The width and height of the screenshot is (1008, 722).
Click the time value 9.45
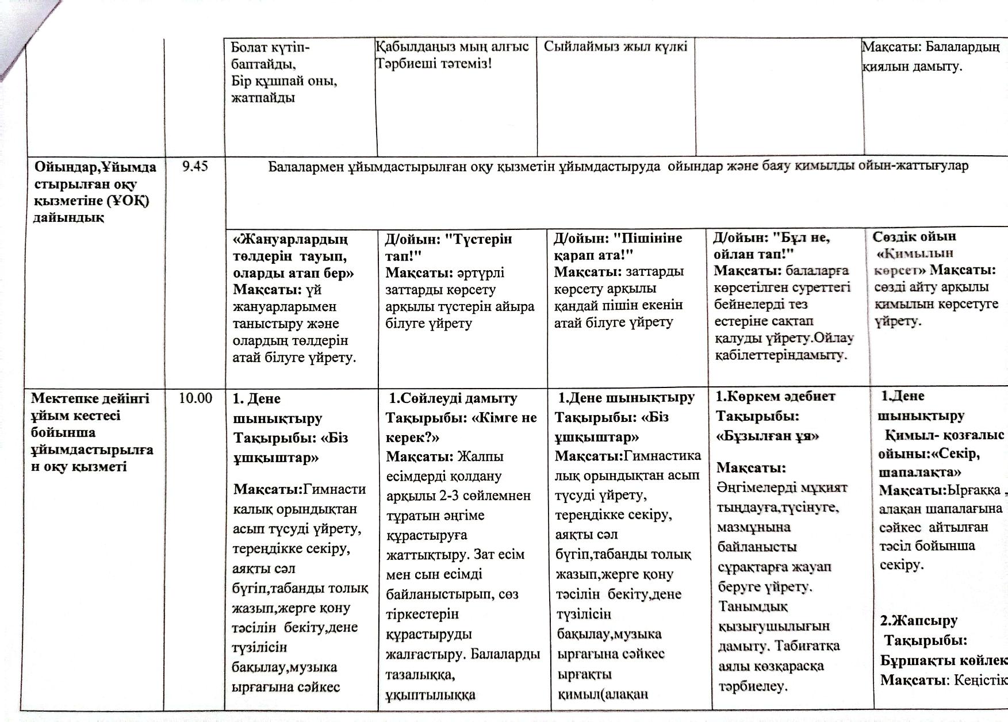(195, 167)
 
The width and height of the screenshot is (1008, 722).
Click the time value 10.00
(196, 398)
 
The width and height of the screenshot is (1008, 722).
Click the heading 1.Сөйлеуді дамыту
(453, 398)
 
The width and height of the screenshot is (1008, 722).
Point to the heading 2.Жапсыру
(919, 620)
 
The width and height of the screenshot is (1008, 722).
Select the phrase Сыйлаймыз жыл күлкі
(615, 47)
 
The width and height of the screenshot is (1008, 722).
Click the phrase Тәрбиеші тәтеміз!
(434, 63)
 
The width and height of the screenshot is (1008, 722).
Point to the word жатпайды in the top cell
(263, 97)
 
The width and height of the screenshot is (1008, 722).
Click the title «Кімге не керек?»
(462, 427)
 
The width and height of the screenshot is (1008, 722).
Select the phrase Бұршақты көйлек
(944, 660)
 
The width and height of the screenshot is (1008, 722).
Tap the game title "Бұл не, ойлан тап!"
(771, 245)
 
